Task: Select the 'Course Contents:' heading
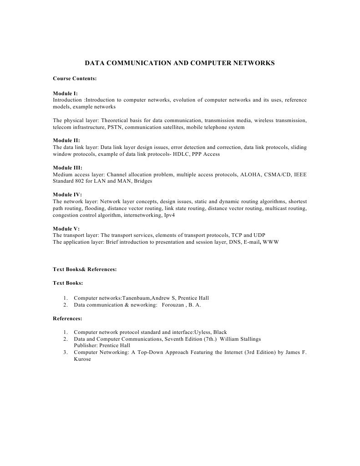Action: tap(75, 78)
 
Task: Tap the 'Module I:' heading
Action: tap(65, 93)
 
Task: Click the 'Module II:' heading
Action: tap(66, 141)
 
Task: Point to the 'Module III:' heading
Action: tap(67, 168)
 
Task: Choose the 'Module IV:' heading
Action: tap(67, 195)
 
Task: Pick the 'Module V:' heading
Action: tap(66, 228)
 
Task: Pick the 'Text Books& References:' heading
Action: tap(85, 269)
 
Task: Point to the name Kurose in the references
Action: tap(82, 359)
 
